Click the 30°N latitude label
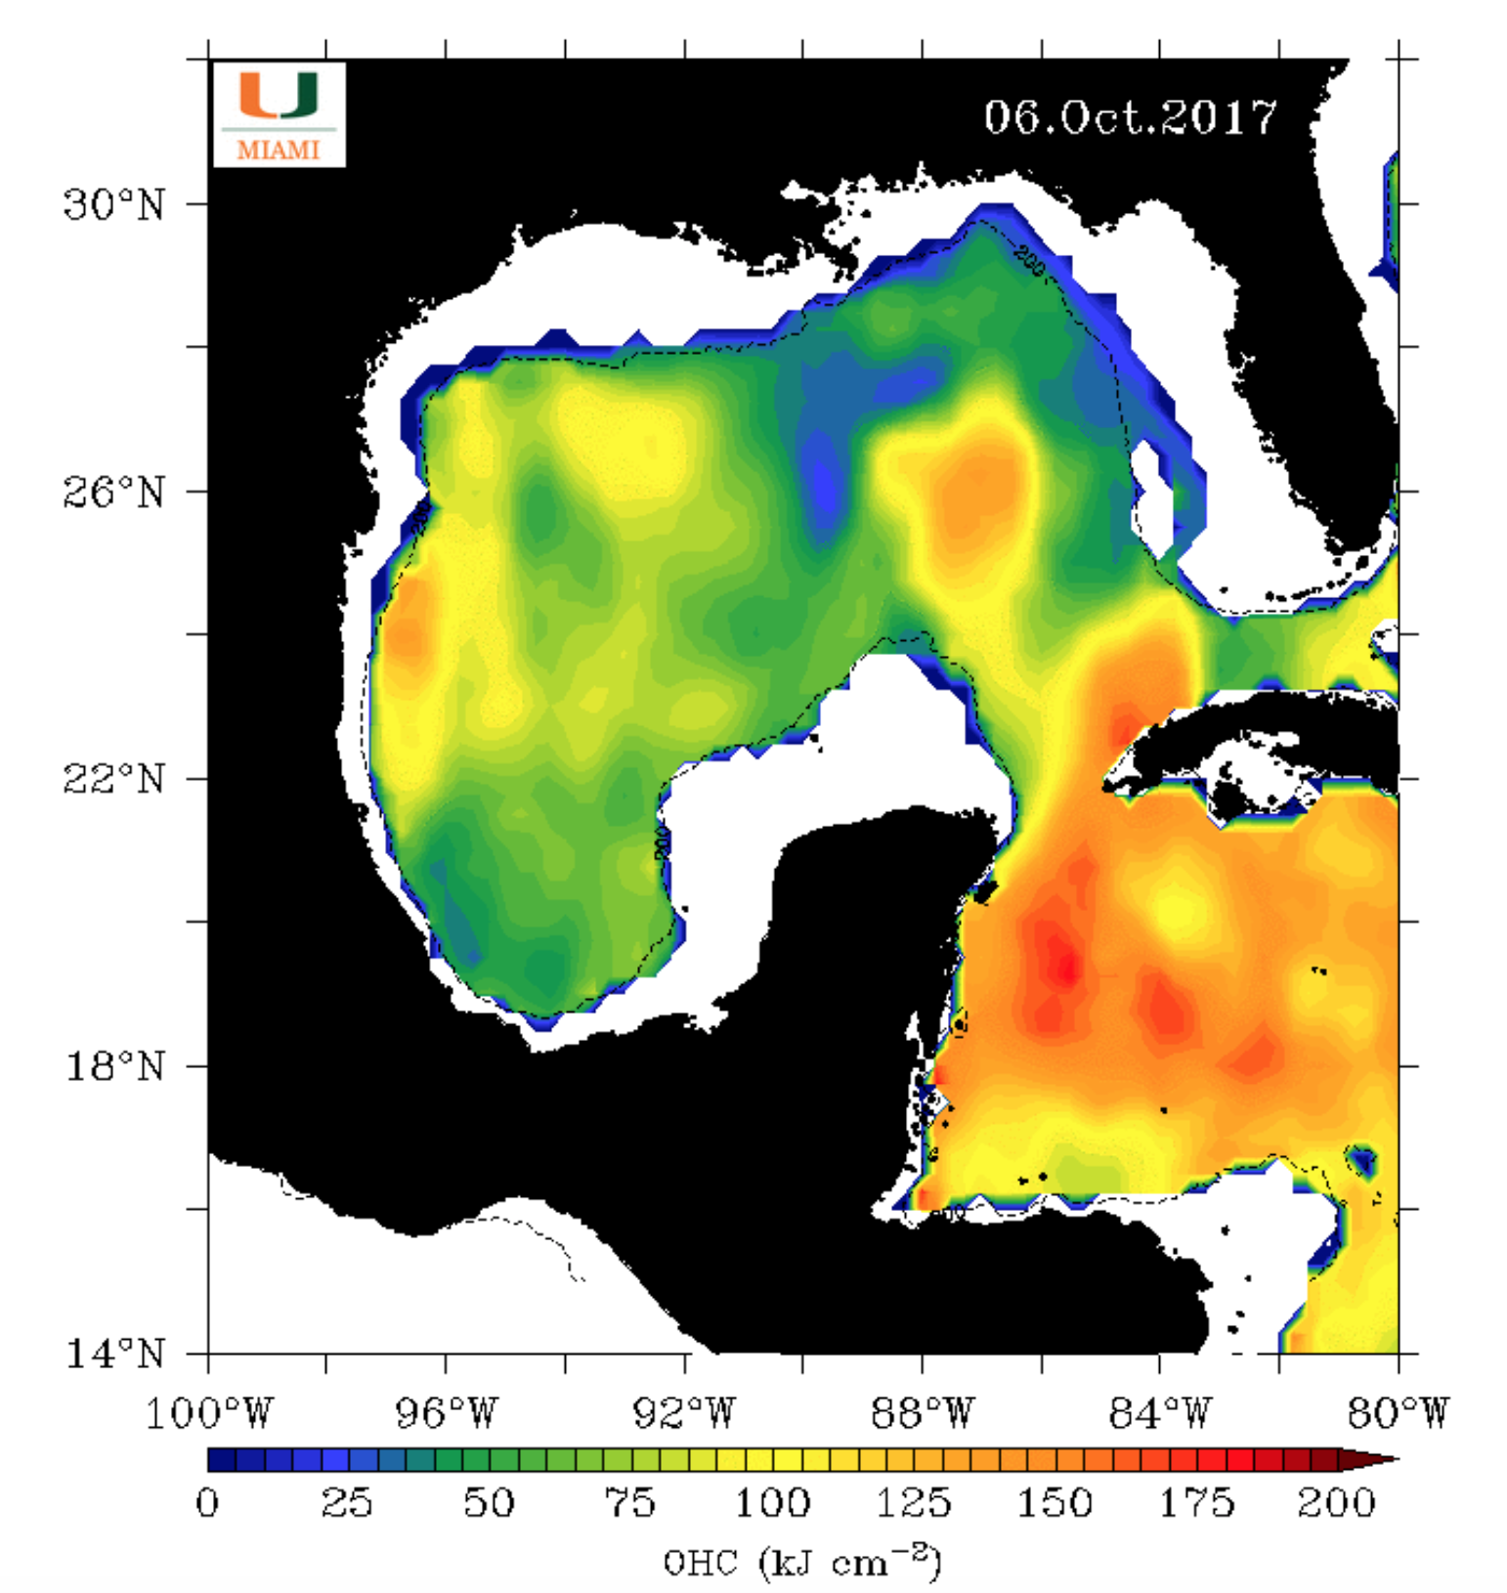[113, 205]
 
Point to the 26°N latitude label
[113, 493]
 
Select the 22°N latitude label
[113, 780]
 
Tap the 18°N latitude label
[113, 1066]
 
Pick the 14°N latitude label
[113, 1354]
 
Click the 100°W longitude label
[208, 1413]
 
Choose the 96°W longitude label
[447, 1413]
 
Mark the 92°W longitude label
[684, 1413]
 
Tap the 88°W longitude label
[923, 1413]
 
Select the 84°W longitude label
[1160, 1413]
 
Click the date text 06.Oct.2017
[1130, 118]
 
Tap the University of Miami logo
[280, 113]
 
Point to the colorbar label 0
[208, 1502]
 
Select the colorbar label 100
[772, 1502]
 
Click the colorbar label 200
[1336, 1502]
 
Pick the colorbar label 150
[1055, 1502]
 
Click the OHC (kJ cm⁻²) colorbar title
[801, 1562]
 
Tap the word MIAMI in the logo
[280, 151]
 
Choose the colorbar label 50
[490, 1502]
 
